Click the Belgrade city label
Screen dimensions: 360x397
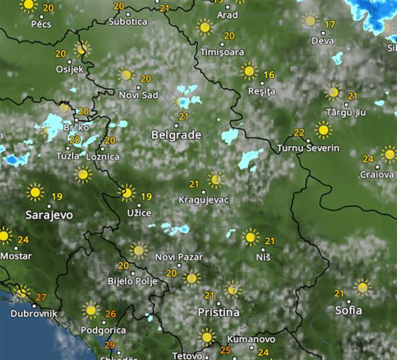(176, 135)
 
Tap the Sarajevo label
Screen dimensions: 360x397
(48, 215)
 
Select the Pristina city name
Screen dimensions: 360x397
(218, 312)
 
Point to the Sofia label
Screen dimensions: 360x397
(348, 310)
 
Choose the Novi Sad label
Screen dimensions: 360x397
(138, 95)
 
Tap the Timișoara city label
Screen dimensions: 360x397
(222, 52)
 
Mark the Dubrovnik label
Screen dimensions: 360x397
(34, 313)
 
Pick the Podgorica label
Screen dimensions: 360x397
(103, 330)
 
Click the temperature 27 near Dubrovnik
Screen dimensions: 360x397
(41, 297)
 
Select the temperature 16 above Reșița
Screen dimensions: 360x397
(269, 74)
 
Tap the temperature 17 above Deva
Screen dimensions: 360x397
(329, 25)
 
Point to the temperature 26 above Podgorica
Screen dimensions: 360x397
(111, 314)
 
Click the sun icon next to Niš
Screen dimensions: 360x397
(250, 236)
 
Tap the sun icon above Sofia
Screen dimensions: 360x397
(362, 287)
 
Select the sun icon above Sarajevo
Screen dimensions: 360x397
(36, 192)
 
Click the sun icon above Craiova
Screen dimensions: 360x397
(389, 154)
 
